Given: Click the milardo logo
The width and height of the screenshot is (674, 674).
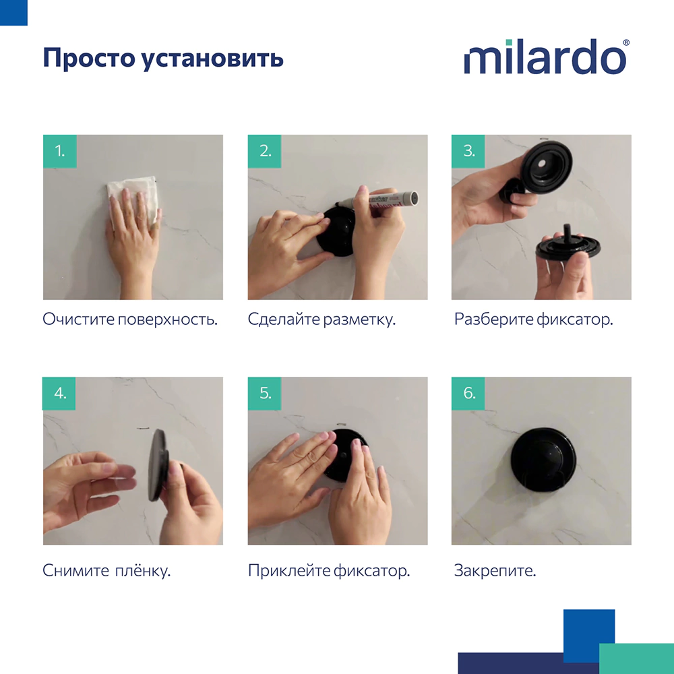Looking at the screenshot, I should pos(545,59).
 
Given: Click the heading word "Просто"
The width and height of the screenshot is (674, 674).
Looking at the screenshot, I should pos(89,59).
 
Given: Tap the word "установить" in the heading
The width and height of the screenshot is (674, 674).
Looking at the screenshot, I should pos(213,59).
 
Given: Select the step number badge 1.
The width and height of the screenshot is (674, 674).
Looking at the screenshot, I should pos(60,151).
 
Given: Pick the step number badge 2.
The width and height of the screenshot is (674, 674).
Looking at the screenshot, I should pos(265,151).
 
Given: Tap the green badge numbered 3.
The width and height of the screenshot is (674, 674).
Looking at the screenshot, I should pos(468,151).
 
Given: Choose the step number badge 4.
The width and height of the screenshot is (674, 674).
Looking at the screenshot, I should pos(60,394).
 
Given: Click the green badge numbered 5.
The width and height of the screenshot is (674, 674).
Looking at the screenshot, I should pos(265,394).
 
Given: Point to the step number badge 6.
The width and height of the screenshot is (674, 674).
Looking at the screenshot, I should pos(468,394).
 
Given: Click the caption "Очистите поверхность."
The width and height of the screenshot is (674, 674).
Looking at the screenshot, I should pos(130,319).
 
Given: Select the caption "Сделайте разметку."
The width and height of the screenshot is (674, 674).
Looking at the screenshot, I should pos(321,319).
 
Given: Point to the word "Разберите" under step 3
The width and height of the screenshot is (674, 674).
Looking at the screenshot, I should pos(493,319).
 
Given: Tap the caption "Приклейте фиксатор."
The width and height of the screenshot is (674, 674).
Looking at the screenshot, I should pos(329,572).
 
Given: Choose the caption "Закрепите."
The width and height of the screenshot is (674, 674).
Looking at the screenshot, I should pos(495,572).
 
